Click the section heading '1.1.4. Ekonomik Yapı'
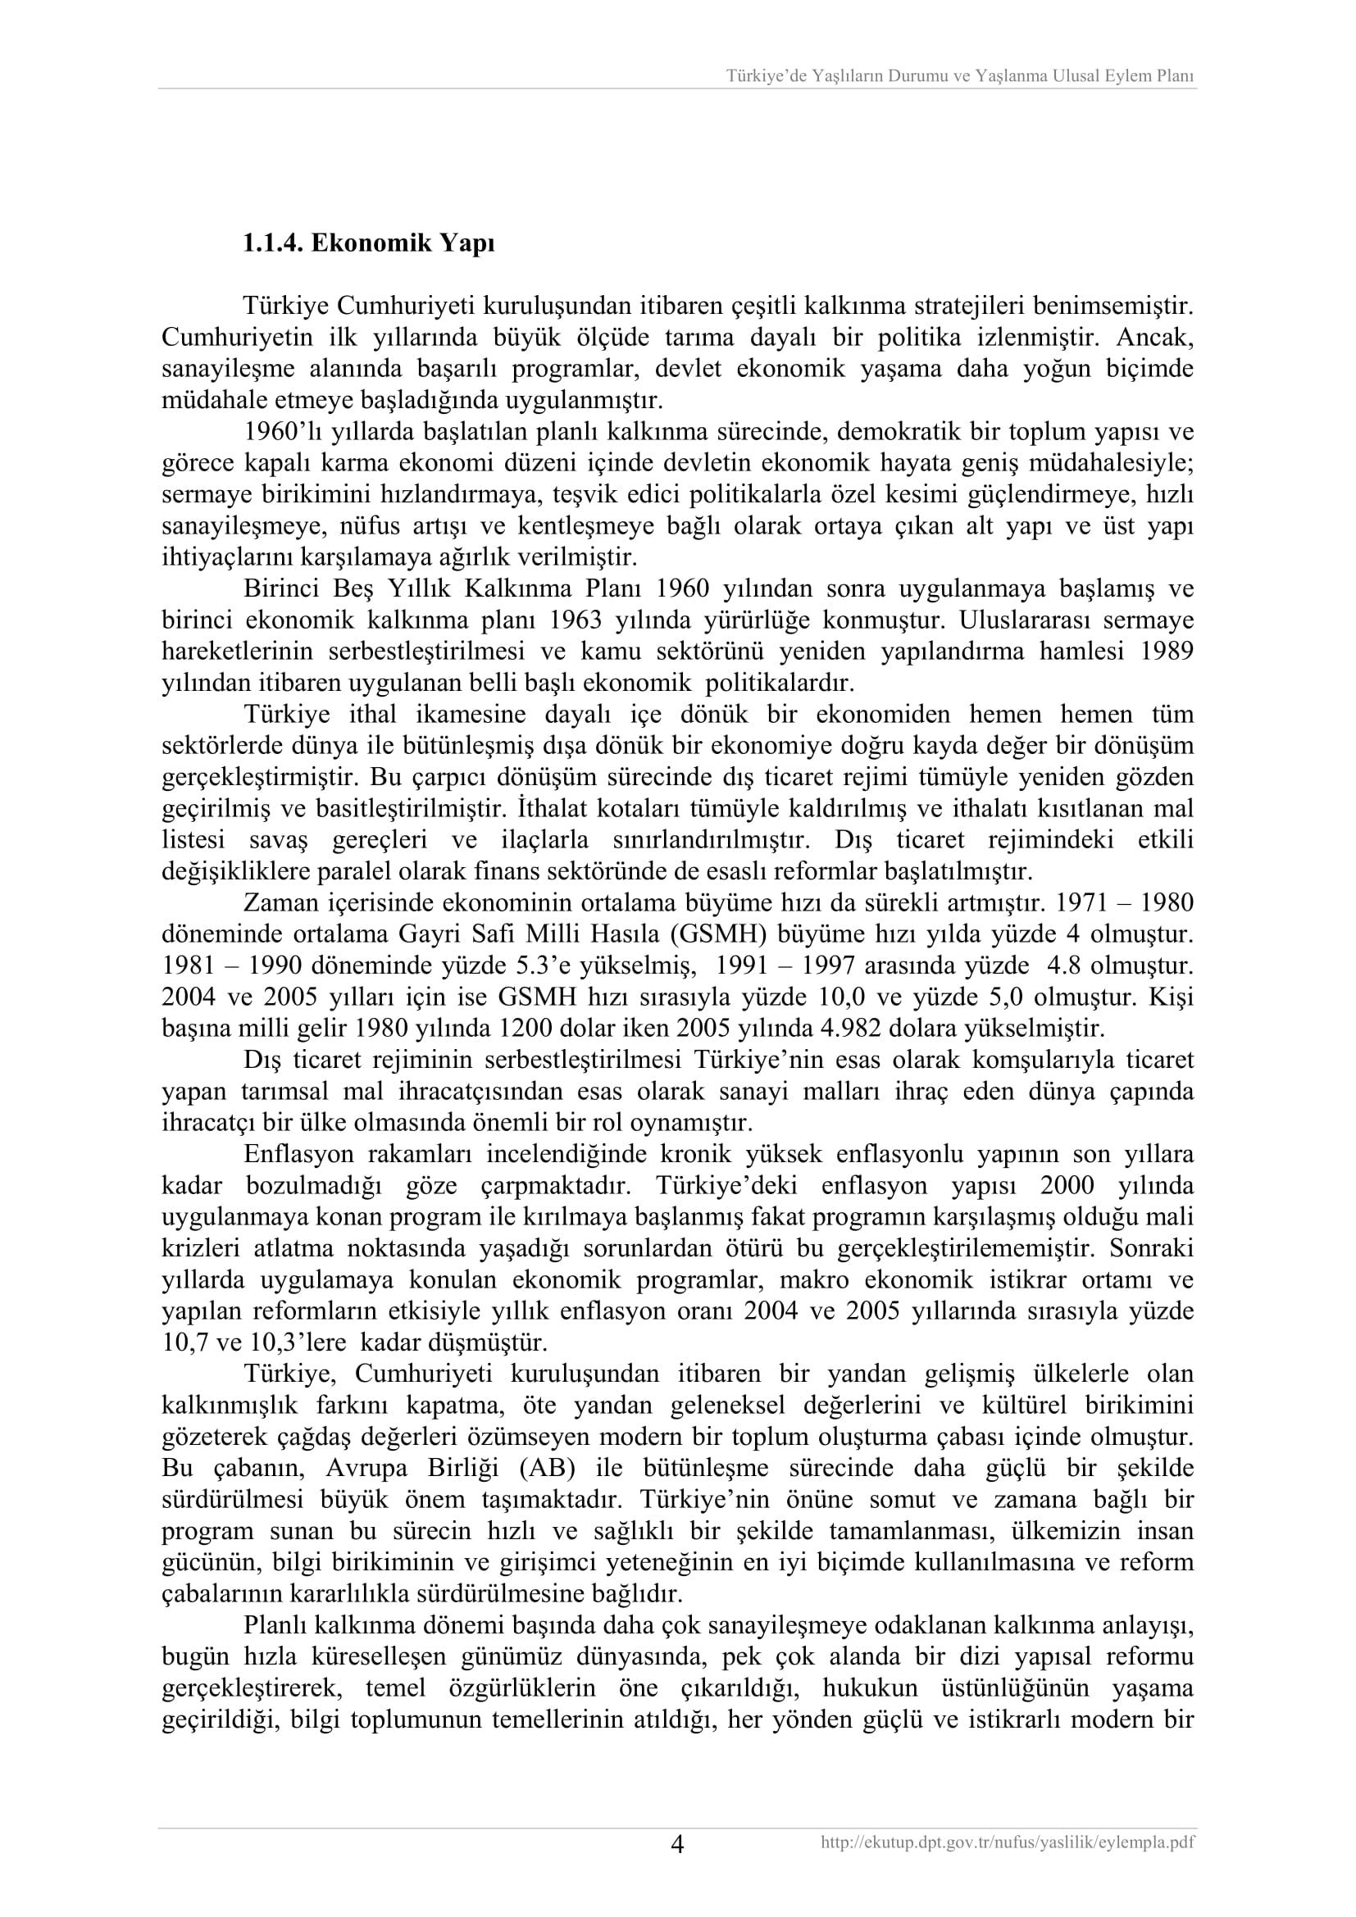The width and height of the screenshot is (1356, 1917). point(368,243)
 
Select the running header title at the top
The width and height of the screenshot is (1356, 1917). point(959,76)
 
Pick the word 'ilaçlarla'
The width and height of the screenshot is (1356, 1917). point(549,840)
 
